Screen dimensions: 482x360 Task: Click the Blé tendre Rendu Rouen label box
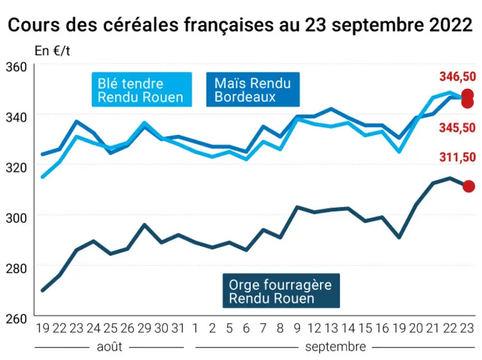coord(142,90)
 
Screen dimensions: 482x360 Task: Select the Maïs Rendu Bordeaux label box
coord(253,89)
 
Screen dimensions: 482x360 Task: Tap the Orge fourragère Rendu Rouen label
coord(281,291)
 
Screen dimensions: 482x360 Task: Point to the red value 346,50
coord(458,76)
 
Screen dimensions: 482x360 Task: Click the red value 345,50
coord(458,127)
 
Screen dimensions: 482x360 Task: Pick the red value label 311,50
coord(458,157)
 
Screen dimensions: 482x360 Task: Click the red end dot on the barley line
coord(469,186)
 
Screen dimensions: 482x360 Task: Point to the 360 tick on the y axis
coord(16,67)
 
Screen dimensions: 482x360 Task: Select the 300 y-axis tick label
coord(16,218)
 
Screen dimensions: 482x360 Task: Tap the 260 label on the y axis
coord(16,319)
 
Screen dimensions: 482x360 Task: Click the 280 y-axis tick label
coord(16,268)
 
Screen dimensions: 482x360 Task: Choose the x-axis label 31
coord(178,328)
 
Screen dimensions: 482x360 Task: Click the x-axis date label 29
coord(144,328)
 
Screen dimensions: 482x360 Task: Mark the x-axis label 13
coord(331,328)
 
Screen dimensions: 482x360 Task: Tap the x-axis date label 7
coord(263,328)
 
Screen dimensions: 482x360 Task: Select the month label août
coord(109,347)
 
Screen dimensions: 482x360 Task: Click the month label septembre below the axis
coord(335,347)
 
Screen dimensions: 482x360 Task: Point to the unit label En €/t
coord(53,51)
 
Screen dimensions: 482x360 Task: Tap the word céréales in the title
coord(140,24)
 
